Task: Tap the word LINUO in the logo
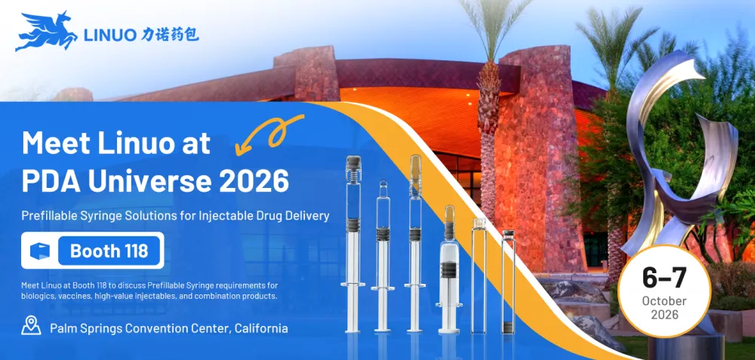pos(109,35)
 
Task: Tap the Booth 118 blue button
pos(109,251)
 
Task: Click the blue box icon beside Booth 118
pos(40,251)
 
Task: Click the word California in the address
pos(262,328)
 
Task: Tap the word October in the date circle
pos(664,301)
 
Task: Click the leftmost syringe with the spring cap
pos(353,244)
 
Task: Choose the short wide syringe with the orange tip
pos(448,269)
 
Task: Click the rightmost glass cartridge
pos(508,282)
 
